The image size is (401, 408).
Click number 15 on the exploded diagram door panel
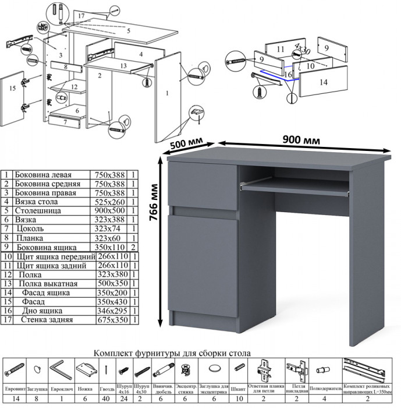[12, 89]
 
